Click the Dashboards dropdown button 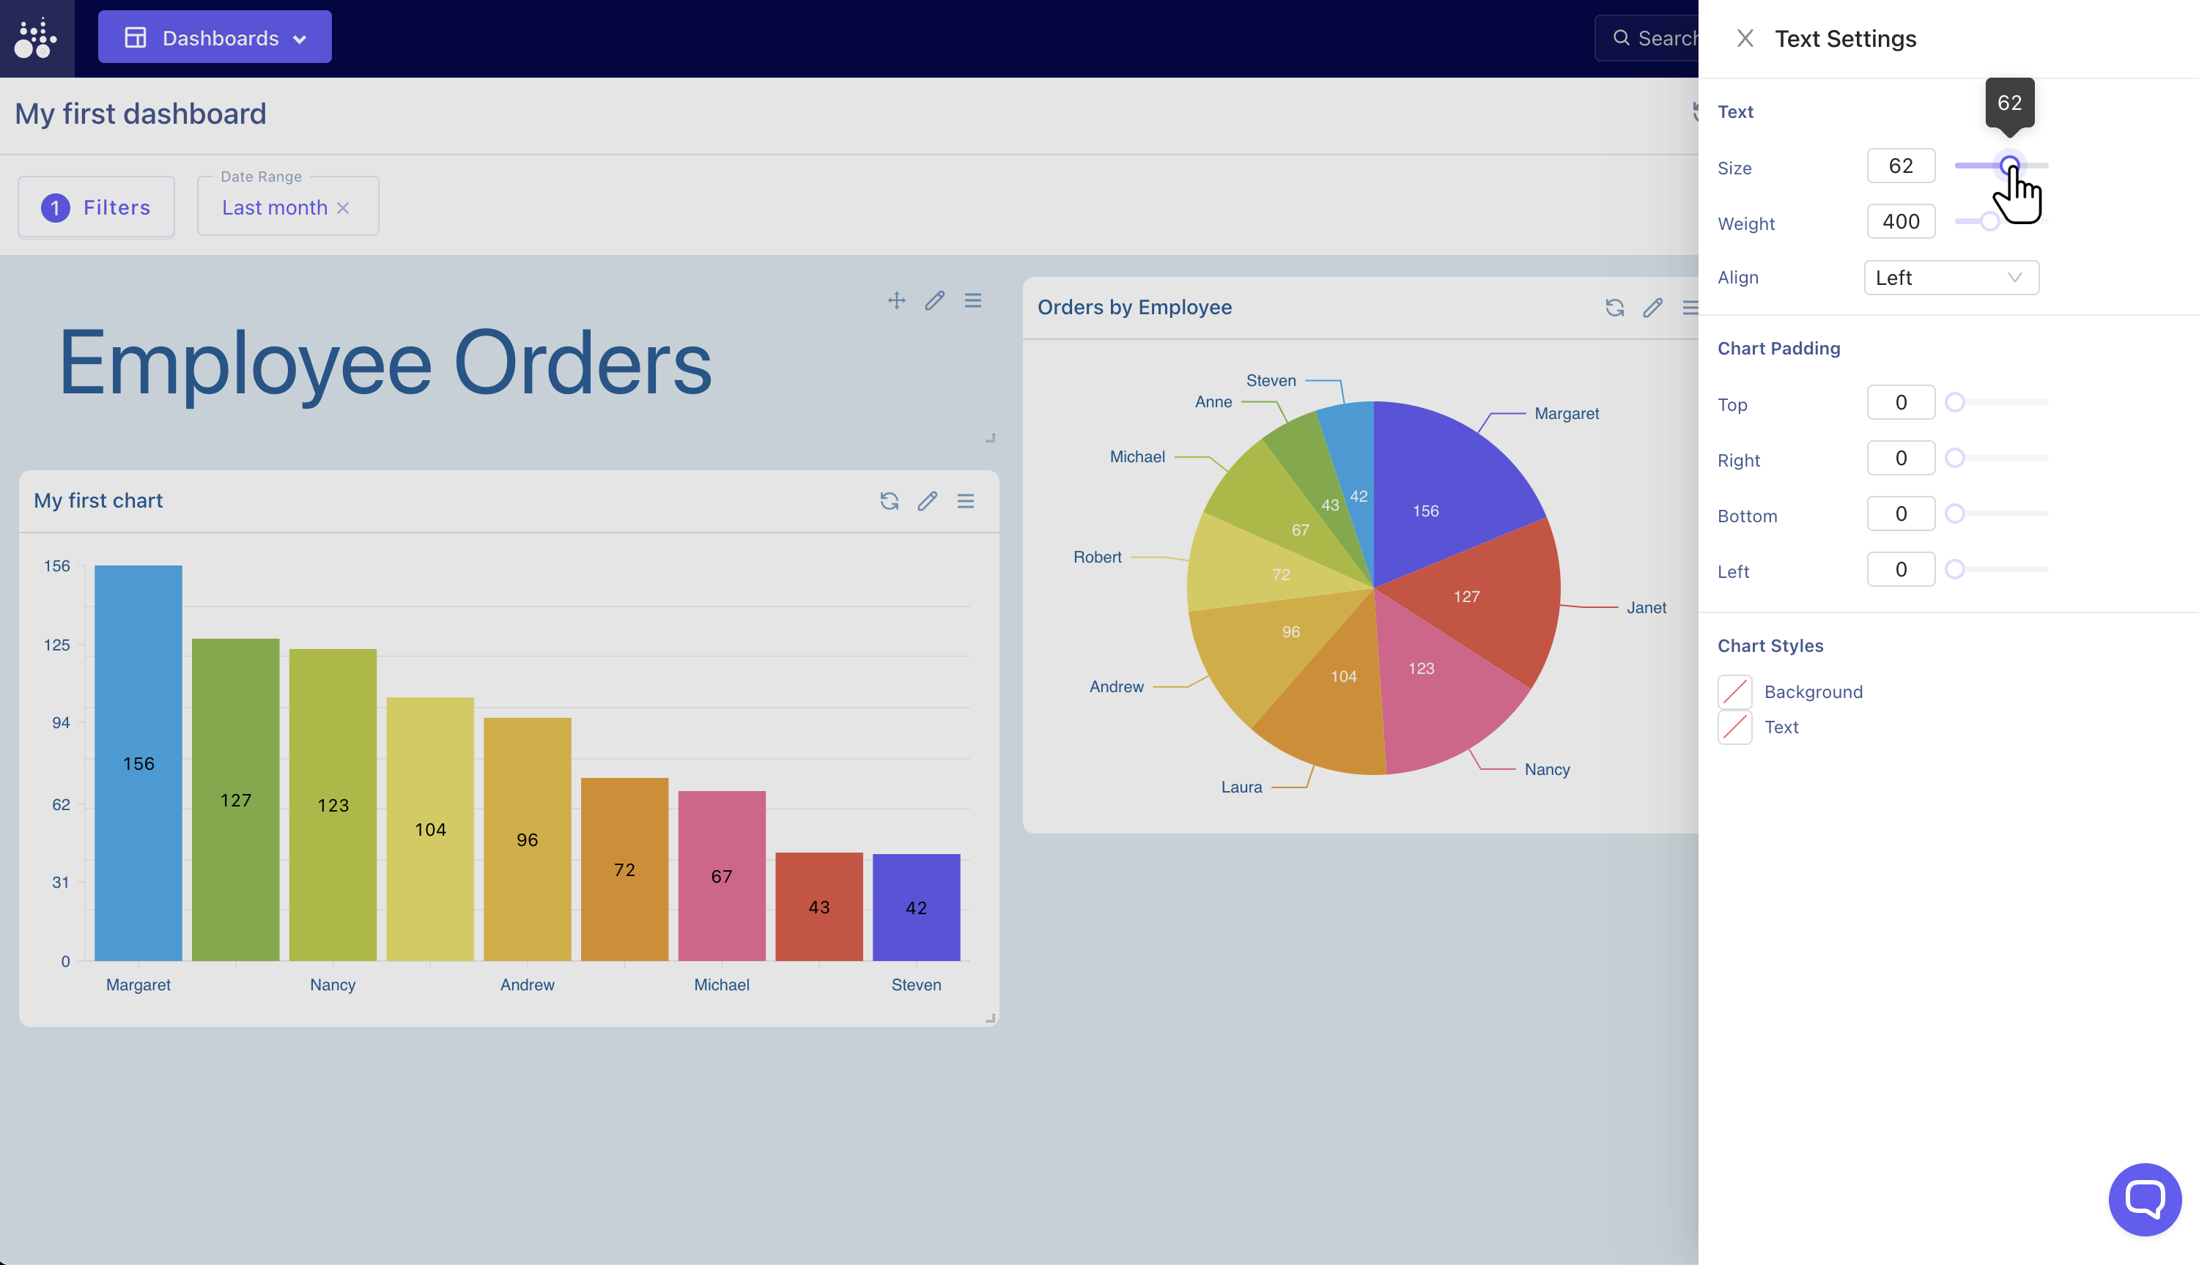pyautogui.click(x=215, y=37)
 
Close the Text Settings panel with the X pyautogui.click(x=1745, y=38)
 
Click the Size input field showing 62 pyautogui.click(x=1900, y=166)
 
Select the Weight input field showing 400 pyautogui.click(x=1900, y=221)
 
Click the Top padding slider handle pyautogui.click(x=1955, y=402)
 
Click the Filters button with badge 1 pyautogui.click(x=97, y=207)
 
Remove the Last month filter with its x pyautogui.click(x=344, y=207)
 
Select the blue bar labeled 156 pyautogui.click(x=138, y=763)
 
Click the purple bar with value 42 pyautogui.click(x=916, y=907)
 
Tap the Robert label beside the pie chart pyautogui.click(x=1097, y=557)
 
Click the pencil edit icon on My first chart pyautogui.click(x=928, y=500)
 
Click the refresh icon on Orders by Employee pyautogui.click(x=1614, y=308)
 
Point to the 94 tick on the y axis pyautogui.click(x=60, y=723)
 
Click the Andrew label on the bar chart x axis pyautogui.click(x=527, y=984)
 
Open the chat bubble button pyautogui.click(x=2144, y=1199)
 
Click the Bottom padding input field pyautogui.click(x=1900, y=513)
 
